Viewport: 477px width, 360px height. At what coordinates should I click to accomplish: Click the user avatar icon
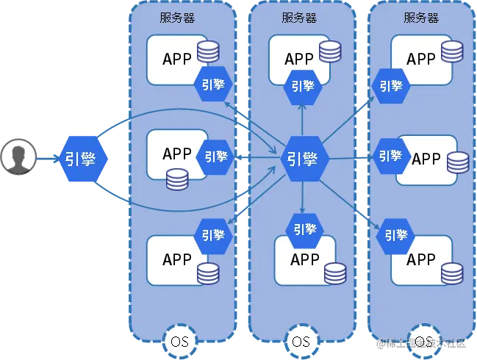point(18,157)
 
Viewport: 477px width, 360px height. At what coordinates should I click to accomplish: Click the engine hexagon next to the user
point(84,158)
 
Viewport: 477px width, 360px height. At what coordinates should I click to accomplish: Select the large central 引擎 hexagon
point(302,158)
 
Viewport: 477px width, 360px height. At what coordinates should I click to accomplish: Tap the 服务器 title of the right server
point(421,18)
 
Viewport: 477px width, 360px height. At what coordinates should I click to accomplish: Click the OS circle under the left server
point(179,342)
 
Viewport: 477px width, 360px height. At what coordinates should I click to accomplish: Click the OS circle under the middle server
point(301,342)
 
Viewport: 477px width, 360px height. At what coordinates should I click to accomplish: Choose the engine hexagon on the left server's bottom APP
point(213,235)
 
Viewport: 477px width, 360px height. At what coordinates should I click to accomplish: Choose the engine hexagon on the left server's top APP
point(213,85)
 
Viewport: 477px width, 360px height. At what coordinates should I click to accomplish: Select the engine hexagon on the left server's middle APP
point(216,157)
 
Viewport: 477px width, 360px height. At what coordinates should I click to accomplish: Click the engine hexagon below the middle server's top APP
point(302,85)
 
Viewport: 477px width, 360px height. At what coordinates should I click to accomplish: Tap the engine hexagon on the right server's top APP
point(390,85)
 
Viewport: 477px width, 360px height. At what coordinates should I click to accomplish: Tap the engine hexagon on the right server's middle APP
point(390,156)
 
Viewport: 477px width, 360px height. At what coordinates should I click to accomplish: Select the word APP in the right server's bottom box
point(421,259)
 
